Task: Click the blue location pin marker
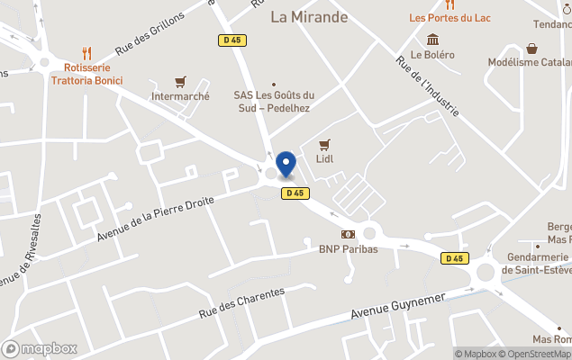coord(286,164)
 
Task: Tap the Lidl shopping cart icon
coord(325,144)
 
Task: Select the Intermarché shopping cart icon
coord(181,81)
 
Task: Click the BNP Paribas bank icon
coord(348,234)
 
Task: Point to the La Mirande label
coord(309,17)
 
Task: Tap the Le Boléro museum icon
coord(433,39)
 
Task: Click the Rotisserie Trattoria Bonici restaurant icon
coord(86,52)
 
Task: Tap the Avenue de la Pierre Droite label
coord(156,220)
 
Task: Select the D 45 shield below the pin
coord(295,193)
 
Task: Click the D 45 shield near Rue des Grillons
coord(232,40)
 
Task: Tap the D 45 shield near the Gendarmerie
coord(455,258)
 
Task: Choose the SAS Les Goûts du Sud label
coord(274,102)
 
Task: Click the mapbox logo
coord(40,348)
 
